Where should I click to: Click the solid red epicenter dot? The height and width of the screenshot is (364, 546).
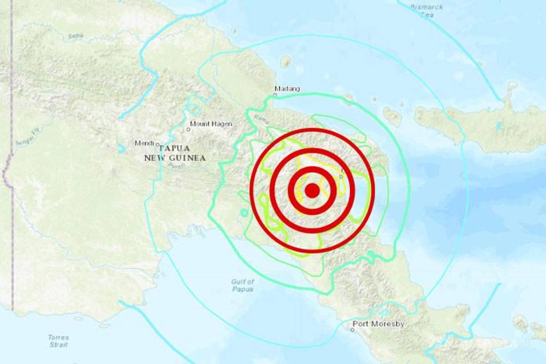[x=312, y=191]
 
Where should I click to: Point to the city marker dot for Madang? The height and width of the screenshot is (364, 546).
[x=275, y=95]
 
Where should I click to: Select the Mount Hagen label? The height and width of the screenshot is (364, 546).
[x=211, y=124]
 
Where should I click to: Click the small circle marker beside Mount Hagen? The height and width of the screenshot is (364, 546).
[x=188, y=129]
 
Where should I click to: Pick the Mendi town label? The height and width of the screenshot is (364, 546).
[x=145, y=143]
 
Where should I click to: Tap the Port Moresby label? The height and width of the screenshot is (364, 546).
[x=379, y=324]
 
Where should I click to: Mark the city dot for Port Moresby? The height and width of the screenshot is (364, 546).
[x=353, y=329]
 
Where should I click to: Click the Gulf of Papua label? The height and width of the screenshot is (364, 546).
[x=243, y=285]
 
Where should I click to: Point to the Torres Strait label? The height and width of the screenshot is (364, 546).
[x=58, y=341]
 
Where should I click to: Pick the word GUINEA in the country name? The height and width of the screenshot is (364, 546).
[x=188, y=158]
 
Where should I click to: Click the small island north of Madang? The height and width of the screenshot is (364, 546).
[x=286, y=61]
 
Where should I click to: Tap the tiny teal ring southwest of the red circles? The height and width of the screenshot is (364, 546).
[x=244, y=212]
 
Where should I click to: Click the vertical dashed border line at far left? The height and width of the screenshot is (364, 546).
[x=11, y=182]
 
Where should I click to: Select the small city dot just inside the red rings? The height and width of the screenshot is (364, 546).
[x=341, y=176]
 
